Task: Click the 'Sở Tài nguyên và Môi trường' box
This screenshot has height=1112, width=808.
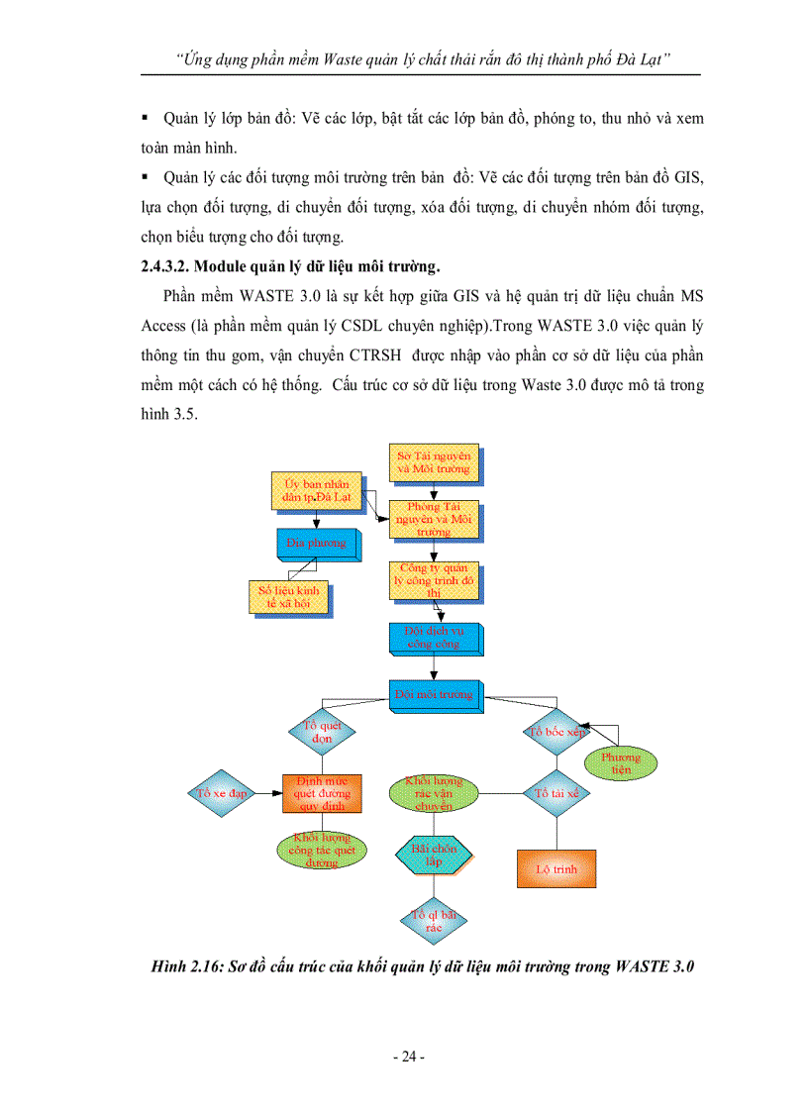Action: point(432,462)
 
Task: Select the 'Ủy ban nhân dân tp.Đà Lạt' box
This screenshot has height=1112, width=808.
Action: point(317,492)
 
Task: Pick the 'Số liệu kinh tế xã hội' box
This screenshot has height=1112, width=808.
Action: point(287,596)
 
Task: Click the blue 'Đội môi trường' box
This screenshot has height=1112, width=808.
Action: point(433,695)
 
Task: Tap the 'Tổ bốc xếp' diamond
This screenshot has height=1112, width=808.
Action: point(557,733)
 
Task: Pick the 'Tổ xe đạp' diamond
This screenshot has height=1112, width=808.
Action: point(221,793)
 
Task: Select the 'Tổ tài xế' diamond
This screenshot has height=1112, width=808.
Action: point(556,793)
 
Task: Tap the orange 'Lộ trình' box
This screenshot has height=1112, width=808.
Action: point(556,868)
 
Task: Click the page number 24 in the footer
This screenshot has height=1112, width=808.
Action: point(408,1058)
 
